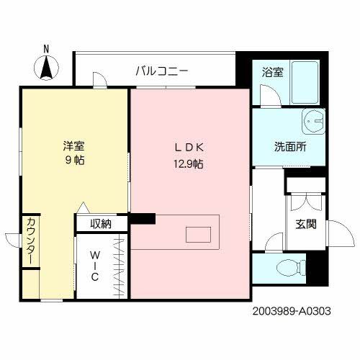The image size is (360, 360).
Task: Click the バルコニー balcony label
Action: [x=162, y=71]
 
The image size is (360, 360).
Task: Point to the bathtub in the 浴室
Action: [x=303, y=83]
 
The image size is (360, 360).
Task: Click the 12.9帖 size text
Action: [x=186, y=163]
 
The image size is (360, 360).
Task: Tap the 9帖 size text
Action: [x=73, y=161]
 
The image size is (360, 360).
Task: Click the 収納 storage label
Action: [x=101, y=224]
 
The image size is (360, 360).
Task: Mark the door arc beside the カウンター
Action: [x=13, y=240]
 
